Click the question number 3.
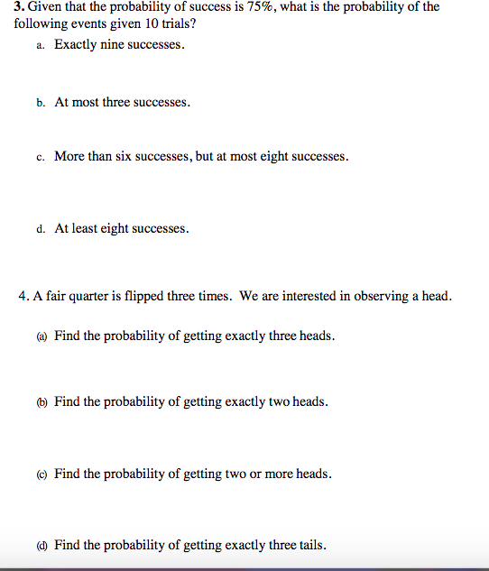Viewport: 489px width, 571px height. coord(19,7)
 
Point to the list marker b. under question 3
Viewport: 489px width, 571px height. coord(42,103)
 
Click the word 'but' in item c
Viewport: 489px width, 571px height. coord(207,157)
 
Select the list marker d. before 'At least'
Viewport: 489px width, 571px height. coord(42,229)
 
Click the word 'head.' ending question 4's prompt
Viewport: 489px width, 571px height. coord(435,296)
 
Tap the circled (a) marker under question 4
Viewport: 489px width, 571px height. coord(42,336)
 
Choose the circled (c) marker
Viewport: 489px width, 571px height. coord(42,474)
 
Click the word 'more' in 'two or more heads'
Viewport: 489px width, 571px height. coord(281,474)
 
